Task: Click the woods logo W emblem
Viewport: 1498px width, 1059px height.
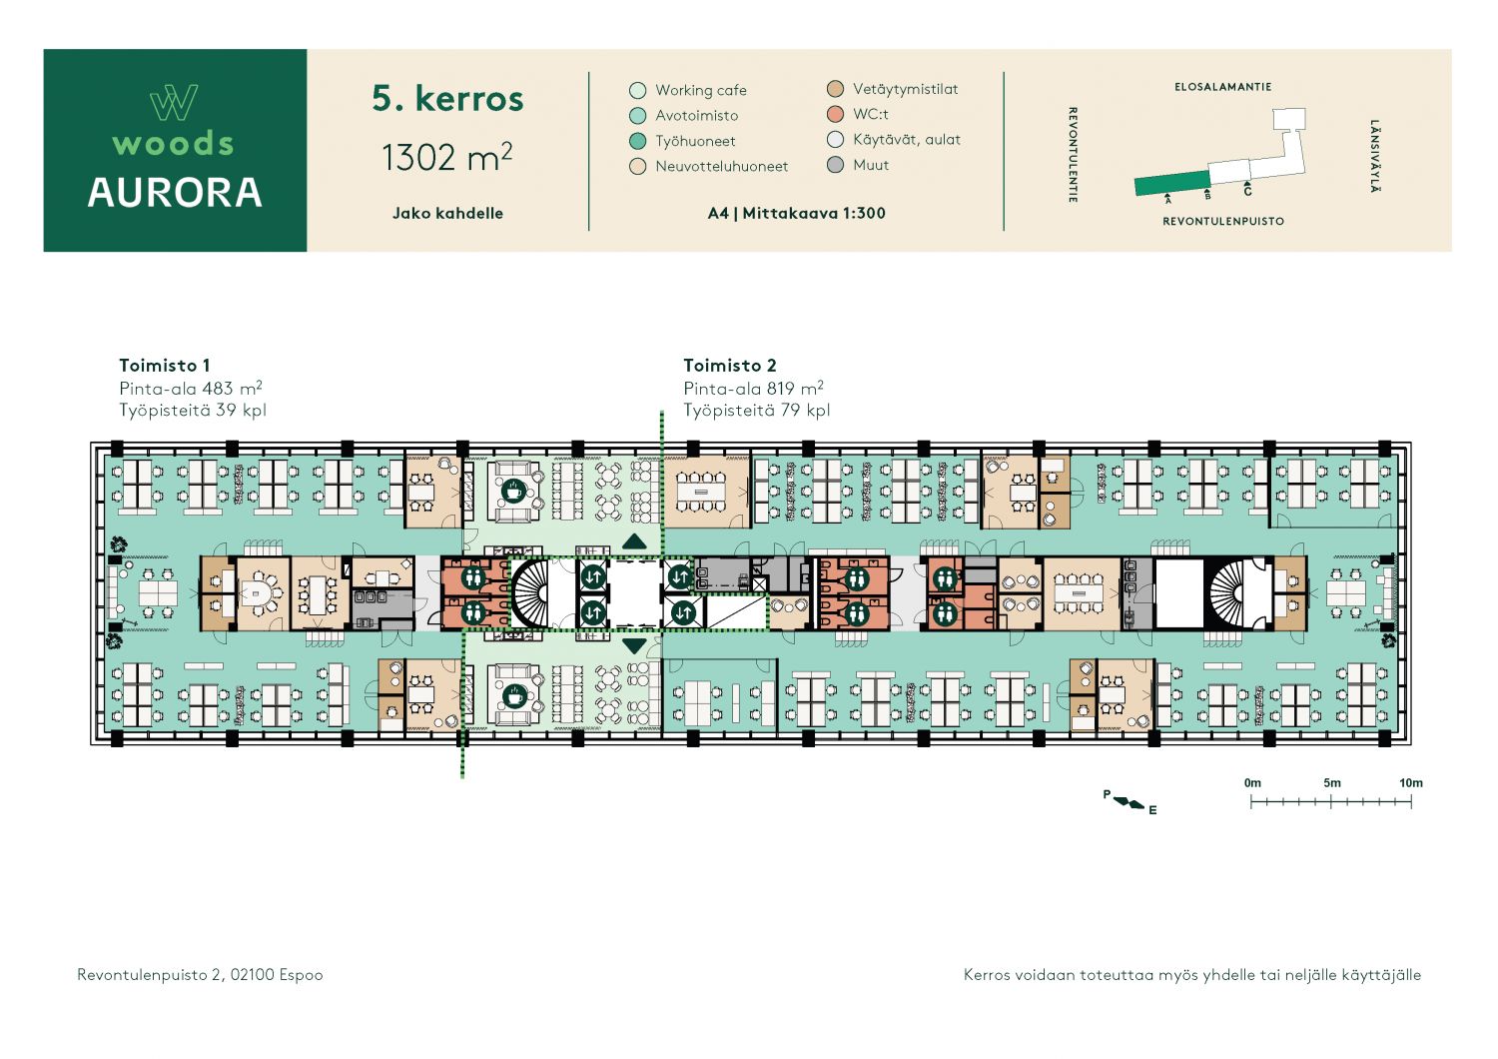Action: point(174,102)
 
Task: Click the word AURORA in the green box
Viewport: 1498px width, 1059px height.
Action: point(175,193)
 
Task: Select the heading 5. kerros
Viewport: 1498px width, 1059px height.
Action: point(447,98)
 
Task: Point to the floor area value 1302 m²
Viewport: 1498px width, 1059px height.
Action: point(446,157)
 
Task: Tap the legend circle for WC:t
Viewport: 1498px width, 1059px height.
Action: point(835,115)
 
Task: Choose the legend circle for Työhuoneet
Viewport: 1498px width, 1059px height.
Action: point(638,141)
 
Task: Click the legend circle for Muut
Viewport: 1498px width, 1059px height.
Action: point(835,165)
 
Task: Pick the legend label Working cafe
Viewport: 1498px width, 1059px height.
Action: point(701,90)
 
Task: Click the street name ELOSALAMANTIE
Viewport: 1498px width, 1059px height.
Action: point(1223,87)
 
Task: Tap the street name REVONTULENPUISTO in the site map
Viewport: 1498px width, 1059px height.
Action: point(1223,222)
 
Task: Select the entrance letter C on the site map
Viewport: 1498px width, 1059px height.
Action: point(1248,192)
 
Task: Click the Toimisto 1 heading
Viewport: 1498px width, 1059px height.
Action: point(165,366)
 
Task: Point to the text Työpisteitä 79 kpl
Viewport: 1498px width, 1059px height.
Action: point(756,410)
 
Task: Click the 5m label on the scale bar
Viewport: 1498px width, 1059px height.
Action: point(1331,782)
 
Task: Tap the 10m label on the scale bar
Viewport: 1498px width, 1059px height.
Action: point(1411,782)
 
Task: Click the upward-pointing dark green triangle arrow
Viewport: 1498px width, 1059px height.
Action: point(634,541)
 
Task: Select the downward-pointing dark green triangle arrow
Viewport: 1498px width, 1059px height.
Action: point(634,646)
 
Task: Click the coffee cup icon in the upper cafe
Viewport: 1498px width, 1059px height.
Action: point(513,491)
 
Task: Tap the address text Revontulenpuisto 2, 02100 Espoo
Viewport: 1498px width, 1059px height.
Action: point(200,975)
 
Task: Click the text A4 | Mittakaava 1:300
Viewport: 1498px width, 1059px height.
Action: point(797,214)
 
